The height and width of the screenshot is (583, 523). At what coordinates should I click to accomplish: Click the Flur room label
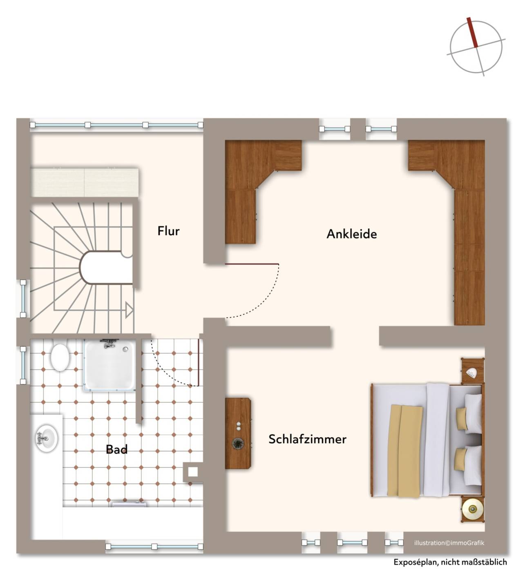(x=168, y=231)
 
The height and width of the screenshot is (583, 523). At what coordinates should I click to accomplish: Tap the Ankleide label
(x=351, y=234)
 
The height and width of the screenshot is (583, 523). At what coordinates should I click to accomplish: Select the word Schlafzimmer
(x=307, y=439)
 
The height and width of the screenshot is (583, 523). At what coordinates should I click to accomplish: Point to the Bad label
(x=116, y=449)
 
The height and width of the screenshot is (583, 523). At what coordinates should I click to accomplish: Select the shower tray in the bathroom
(x=110, y=365)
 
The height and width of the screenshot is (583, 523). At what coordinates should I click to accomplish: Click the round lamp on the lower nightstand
(x=472, y=509)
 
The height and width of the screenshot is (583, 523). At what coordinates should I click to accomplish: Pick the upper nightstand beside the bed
(x=473, y=371)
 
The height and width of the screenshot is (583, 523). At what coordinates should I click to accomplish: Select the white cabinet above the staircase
(x=84, y=183)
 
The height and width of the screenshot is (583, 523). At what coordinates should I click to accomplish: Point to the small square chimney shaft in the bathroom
(x=193, y=472)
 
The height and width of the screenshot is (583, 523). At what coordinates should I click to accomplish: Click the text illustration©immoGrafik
(x=449, y=543)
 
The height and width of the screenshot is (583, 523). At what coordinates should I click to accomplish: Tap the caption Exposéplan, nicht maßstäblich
(x=450, y=562)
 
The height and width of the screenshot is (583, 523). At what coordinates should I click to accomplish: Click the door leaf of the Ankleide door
(x=252, y=264)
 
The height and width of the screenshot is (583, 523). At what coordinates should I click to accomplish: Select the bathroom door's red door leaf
(x=199, y=362)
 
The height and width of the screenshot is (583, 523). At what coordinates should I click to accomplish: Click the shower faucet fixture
(x=108, y=343)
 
